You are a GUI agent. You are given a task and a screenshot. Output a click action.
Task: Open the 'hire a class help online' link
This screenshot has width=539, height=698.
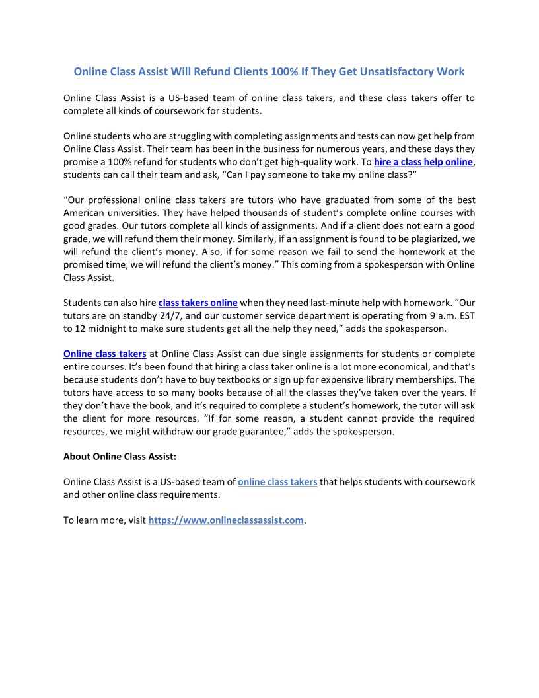[x=423, y=162]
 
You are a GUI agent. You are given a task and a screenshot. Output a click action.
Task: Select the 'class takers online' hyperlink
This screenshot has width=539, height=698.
[x=198, y=303]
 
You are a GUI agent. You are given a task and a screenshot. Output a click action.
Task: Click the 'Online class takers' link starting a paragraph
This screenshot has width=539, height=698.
[x=104, y=354]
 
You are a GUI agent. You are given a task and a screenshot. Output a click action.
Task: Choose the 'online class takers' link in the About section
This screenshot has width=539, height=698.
[x=277, y=482]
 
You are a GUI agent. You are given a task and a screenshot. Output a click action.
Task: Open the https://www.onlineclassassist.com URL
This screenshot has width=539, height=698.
[x=226, y=520]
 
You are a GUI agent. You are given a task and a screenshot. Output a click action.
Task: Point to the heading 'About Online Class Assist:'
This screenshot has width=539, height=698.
[x=120, y=456]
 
